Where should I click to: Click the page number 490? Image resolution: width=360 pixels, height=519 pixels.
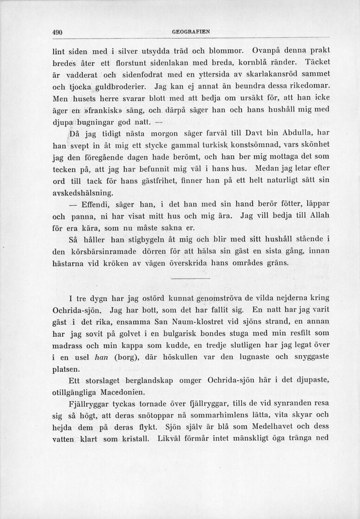(57, 32)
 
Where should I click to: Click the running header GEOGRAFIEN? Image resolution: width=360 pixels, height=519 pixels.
(191, 32)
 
